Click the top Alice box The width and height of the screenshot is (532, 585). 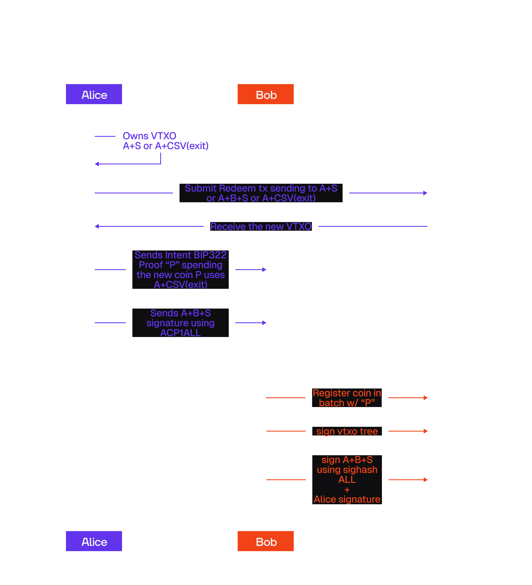94,95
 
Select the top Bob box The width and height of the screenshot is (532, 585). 266,95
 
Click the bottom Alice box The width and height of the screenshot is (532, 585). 94,541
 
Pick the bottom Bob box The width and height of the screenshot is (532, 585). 266,541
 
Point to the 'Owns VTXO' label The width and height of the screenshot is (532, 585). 149,136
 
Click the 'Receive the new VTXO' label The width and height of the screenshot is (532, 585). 261,226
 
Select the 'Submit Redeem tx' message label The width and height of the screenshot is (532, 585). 261,193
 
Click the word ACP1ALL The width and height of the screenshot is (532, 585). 180,333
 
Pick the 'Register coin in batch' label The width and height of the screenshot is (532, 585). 347,398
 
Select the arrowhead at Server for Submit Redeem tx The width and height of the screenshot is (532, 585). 425,193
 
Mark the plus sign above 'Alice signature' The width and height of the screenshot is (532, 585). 347,490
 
